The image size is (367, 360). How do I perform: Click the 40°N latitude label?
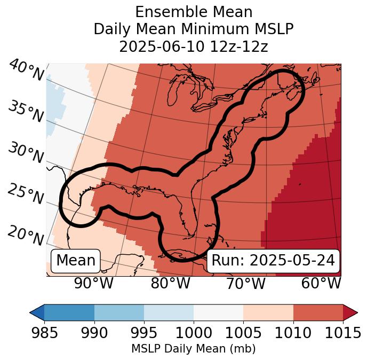(26, 71)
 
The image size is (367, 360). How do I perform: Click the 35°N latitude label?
(26, 112)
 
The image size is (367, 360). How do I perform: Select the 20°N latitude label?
(26, 234)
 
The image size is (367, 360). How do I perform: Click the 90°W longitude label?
(93, 283)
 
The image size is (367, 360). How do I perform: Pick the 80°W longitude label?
(170, 283)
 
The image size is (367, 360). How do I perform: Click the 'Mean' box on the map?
(76, 261)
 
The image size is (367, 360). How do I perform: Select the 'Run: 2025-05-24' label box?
(273, 261)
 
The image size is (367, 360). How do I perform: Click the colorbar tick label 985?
(44, 333)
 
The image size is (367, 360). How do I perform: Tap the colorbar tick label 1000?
(194, 333)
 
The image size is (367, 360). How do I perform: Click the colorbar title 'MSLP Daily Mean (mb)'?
(193, 349)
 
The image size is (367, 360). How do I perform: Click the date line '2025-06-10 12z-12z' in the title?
(193, 46)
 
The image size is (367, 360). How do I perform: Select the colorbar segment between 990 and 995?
(119, 312)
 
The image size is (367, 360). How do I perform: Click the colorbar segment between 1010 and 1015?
(318, 312)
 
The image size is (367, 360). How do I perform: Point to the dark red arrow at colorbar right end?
(350, 312)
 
